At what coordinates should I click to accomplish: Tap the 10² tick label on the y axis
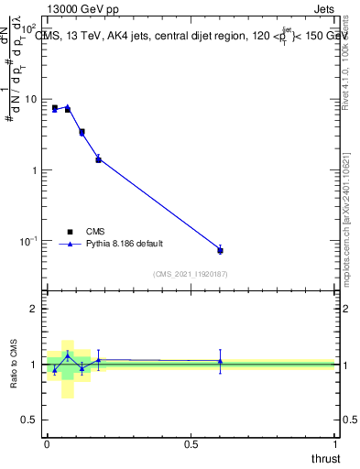(x=31, y=27)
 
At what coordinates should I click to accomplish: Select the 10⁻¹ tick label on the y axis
(x=31, y=241)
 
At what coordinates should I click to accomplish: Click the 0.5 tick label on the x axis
(x=191, y=443)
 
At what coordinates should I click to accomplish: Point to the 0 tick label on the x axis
(x=47, y=443)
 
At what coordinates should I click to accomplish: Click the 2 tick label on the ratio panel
(x=36, y=309)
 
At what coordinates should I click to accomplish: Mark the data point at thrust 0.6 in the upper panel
(x=220, y=250)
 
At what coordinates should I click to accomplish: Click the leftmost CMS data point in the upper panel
(x=55, y=108)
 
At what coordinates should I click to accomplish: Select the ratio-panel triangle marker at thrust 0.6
(x=220, y=361)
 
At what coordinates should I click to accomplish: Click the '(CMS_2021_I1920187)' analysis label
(x=190, y=274)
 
